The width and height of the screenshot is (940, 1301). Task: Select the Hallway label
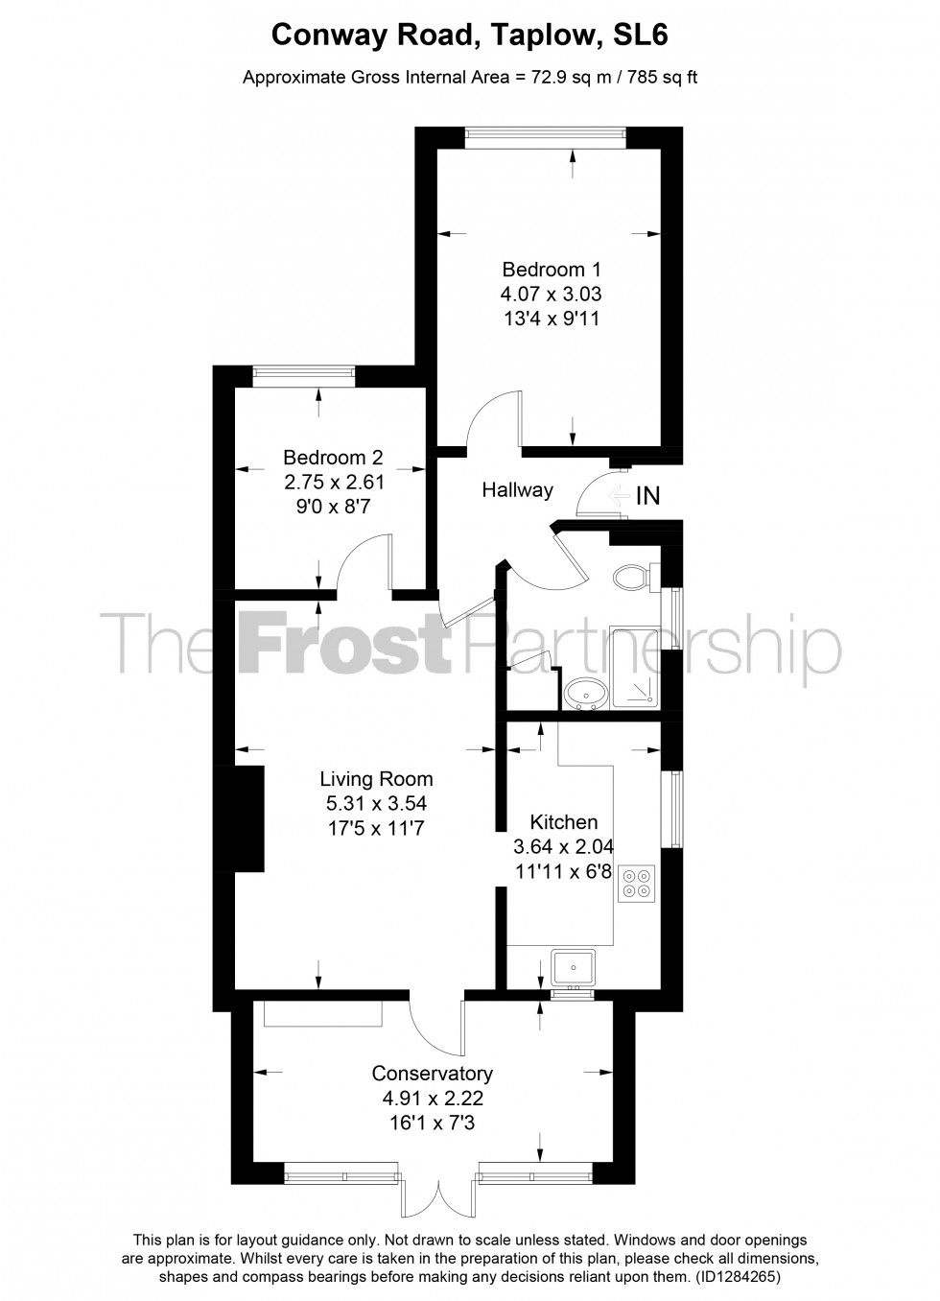[517, 490]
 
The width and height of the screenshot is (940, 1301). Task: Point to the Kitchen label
[564, 822]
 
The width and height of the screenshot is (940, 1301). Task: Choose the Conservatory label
[432, 1074]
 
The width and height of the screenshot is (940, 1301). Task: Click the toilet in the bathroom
[634, 577]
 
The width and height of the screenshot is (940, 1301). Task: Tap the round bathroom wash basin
[582, 693]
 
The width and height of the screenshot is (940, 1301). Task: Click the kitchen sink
[574, 966]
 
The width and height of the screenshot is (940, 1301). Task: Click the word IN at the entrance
[648, 495]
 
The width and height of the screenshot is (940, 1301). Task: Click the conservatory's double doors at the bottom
[437, 1195]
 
